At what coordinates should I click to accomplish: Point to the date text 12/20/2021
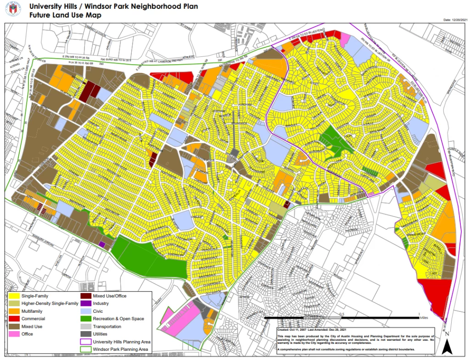(460, 20)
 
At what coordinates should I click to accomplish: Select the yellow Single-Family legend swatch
(14, 296)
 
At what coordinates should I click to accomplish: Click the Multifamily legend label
(34, 311)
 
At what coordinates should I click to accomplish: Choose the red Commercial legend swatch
(14, 319)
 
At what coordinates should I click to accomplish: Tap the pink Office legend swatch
(14, 334)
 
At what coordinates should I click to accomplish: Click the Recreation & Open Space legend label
(118, 319)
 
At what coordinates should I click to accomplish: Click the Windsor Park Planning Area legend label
(120, 349)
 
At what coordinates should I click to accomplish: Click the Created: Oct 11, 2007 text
(294, 329)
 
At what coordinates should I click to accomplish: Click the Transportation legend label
(107, 327)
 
